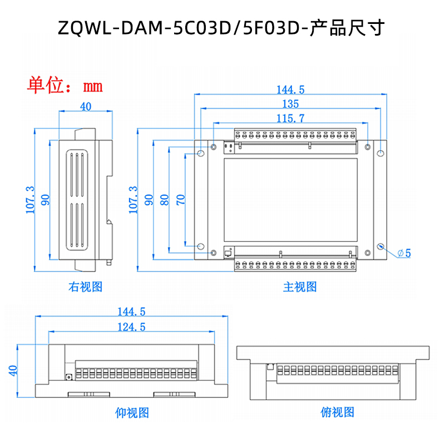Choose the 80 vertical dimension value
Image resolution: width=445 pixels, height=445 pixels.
[x=165, y=200]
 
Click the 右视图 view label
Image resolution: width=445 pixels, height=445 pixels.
[x=85, y=287]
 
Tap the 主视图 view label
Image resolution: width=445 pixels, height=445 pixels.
[x=300, y=287]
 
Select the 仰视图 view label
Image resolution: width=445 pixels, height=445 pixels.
[x=132, y=413]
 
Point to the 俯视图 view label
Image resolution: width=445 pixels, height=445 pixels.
[x=337, y=413]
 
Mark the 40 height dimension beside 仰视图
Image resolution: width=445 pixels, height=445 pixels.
[x=13, y=371]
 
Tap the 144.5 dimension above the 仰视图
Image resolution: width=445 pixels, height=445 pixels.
[x=131, y=311]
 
